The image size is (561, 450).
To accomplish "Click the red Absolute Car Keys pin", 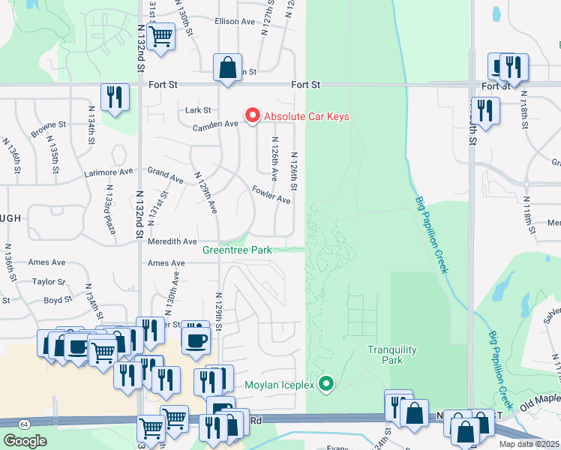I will [252, 115].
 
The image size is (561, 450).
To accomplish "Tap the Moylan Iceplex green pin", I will [325, 385].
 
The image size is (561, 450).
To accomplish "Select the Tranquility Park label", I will [385, 355].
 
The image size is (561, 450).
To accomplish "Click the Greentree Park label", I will [237, 249].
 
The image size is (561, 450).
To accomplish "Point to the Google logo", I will [25, 441].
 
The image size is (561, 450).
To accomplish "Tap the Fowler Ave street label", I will [271, 194].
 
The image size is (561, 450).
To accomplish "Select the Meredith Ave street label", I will [172, 241].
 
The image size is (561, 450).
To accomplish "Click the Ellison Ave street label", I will [235, 22].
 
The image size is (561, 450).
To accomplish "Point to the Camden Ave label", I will [215, 126].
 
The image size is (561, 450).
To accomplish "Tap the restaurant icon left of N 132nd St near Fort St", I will [115, 97].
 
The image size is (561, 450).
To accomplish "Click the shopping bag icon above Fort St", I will [226, 67].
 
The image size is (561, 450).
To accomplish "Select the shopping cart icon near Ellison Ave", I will [161, 35].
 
